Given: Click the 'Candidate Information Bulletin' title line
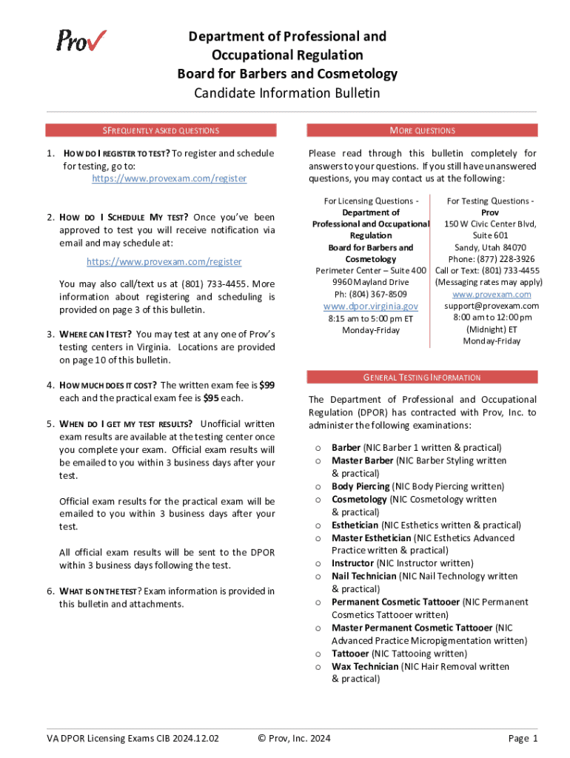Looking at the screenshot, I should [286, 93].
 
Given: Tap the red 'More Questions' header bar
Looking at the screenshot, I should [422, 130].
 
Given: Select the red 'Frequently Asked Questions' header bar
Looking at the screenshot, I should [161, 130].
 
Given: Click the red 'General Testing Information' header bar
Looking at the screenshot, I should [422, 378].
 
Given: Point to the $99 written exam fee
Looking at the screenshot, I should [267, 385].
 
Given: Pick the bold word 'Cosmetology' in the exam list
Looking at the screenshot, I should [359, 500].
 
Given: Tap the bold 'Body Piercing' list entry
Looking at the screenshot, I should [361, 486].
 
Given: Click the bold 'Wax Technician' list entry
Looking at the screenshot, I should [365, 666].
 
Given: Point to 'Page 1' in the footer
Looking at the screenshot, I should [523, 738].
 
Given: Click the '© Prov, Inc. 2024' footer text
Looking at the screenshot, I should [294, 738].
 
